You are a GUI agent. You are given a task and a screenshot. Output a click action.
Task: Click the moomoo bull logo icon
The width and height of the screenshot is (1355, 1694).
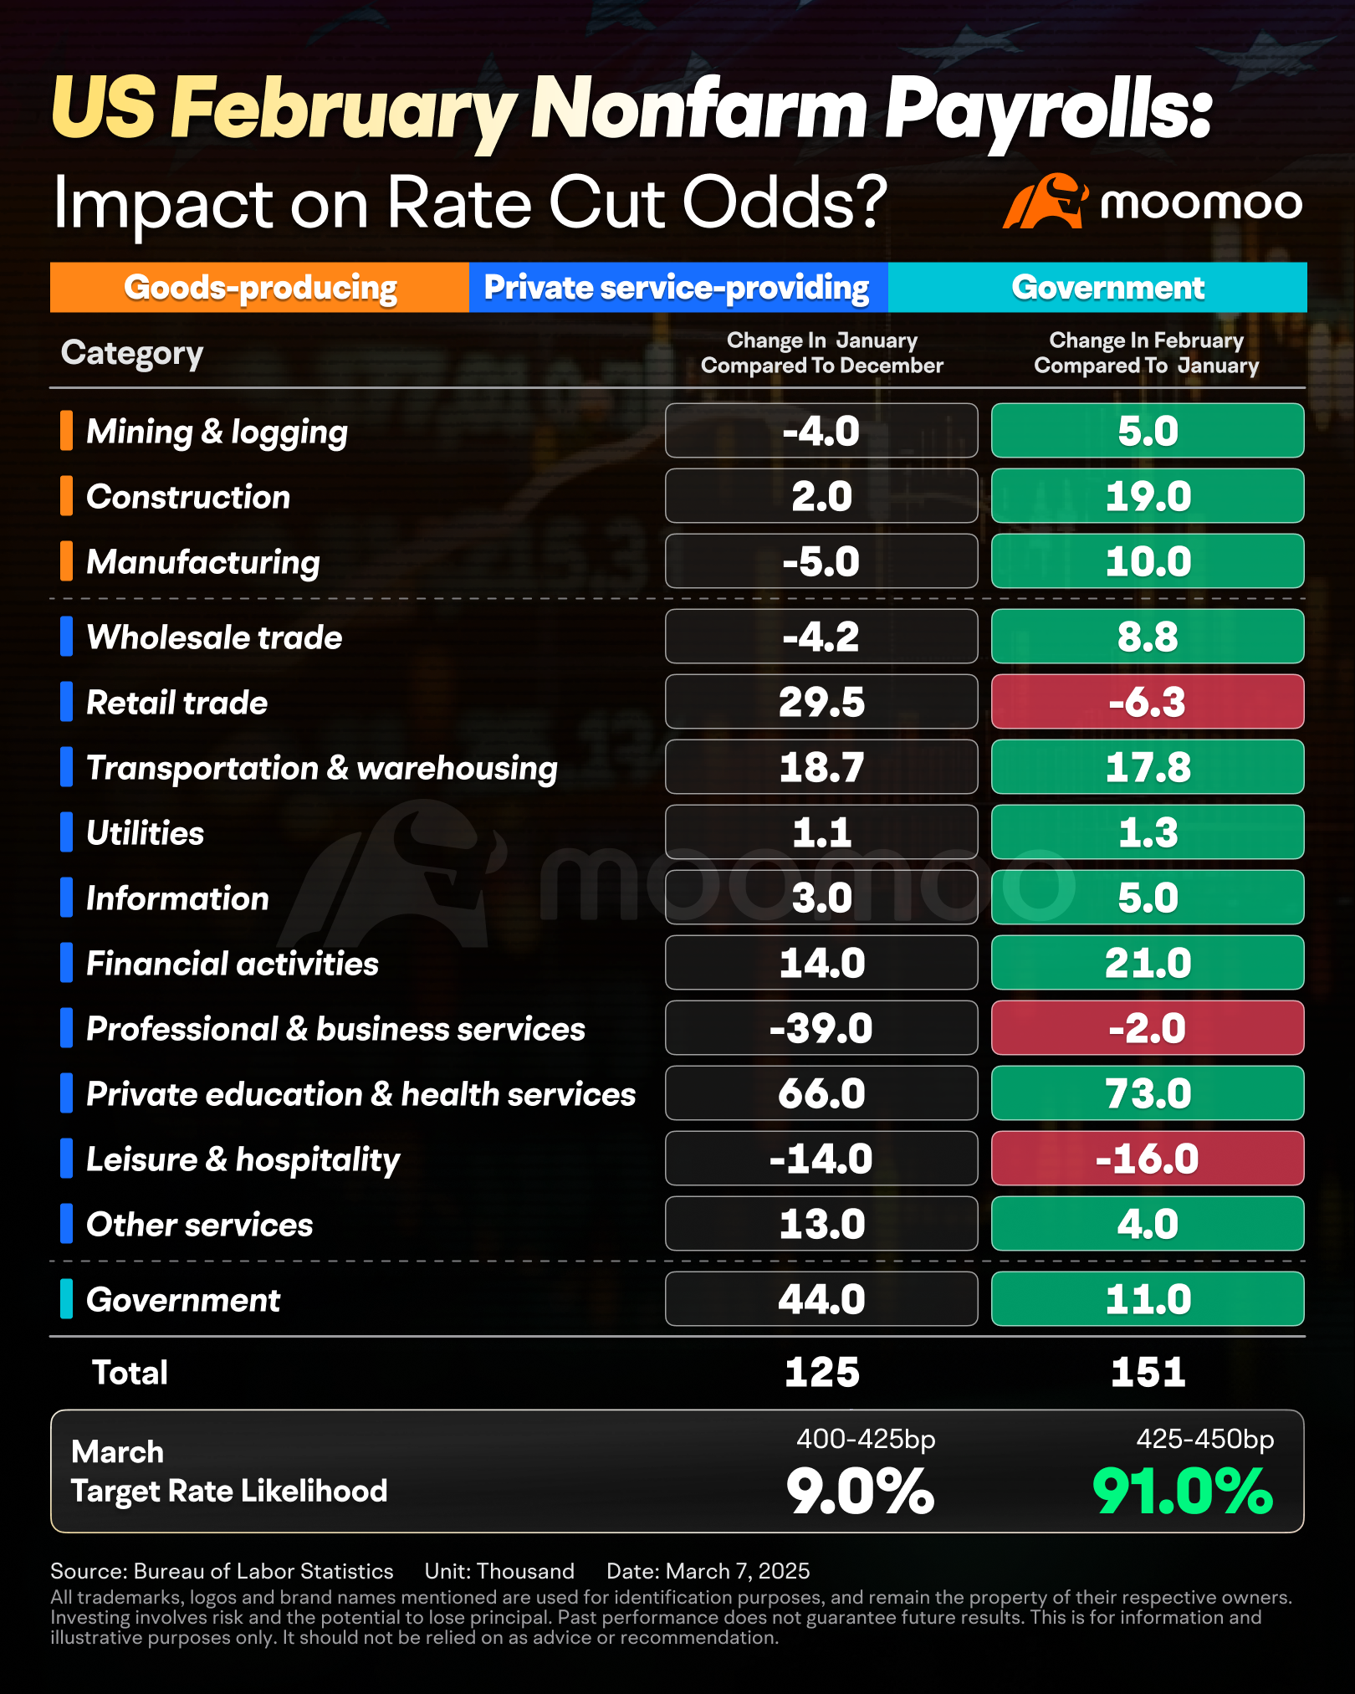[1046, 201]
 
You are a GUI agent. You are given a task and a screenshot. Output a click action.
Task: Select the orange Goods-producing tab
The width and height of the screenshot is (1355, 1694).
[259, 287]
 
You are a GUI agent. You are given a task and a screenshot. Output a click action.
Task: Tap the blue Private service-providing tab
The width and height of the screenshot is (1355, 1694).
[678, 287]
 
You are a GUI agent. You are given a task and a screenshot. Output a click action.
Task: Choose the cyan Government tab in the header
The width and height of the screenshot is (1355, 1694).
[1097, 287]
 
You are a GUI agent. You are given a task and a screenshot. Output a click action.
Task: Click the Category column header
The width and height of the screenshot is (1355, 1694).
[132, 354]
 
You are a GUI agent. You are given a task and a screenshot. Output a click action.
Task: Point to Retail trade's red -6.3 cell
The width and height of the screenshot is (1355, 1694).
[1148, 702]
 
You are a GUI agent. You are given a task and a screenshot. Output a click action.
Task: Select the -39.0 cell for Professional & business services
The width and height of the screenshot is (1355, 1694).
[821, 1028]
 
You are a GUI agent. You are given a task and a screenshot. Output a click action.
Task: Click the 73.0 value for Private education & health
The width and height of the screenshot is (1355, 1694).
[1148, 1093]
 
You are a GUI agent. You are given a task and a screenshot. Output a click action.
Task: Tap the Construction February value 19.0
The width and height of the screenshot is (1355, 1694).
[1148, 496]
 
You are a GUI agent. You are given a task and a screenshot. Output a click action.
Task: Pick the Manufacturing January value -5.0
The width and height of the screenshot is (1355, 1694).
[821, 561]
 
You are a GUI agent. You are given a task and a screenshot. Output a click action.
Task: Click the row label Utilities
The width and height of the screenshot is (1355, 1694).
[146, 833]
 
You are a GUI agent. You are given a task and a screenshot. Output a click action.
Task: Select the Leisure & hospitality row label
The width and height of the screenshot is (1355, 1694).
[243, 1160]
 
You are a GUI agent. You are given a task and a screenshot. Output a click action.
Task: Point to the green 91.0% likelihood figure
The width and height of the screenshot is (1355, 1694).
[1183, 1492]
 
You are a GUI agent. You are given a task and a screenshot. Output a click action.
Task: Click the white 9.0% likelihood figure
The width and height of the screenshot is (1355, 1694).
[860, 1492]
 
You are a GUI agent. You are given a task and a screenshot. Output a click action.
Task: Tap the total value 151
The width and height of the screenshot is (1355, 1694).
[1148, 1373]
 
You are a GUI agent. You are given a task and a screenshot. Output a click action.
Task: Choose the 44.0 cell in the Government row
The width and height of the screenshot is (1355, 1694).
[821, 1299]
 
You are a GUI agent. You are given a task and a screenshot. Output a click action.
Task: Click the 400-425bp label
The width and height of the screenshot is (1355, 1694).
[866, 1439]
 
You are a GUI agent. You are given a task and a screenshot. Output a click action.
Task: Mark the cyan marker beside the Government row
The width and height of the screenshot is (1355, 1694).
[66, 1299]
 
